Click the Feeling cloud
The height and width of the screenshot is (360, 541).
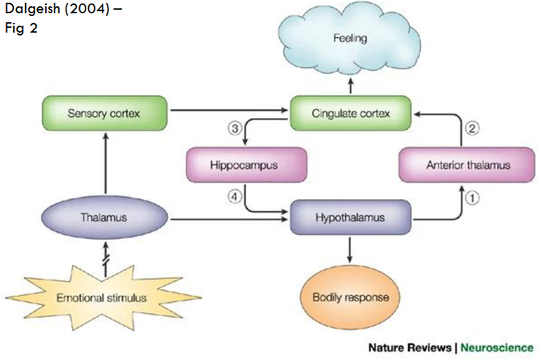point(350,39)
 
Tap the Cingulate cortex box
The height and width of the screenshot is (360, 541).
point(350,112)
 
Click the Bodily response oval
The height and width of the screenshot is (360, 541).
point(350,297)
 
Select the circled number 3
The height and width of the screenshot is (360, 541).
point(234,129)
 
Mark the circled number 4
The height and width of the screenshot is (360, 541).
point(234,197)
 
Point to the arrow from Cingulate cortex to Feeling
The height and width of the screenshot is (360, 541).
point(350,87)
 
